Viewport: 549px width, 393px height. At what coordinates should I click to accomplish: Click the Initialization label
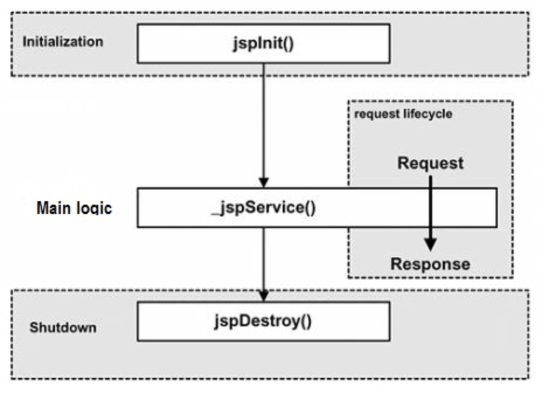click(62, 42)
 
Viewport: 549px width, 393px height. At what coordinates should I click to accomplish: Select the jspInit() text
click(263, 44)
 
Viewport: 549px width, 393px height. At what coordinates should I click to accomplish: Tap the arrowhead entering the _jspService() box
click(263, 182)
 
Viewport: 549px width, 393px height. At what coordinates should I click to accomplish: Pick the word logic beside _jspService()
click(93, 209)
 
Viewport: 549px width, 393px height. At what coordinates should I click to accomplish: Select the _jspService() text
click(263, 208)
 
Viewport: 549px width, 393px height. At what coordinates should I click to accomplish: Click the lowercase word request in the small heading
click(374, 114)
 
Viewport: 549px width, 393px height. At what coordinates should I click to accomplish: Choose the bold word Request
click(430, 163)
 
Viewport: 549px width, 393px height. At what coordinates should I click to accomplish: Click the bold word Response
click(430, 264)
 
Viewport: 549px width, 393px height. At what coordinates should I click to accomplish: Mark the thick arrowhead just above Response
click(430, 244)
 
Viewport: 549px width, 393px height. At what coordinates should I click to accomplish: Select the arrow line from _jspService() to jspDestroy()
click(263, 257)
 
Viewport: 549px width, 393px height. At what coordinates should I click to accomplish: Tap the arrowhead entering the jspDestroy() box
click(263, 296)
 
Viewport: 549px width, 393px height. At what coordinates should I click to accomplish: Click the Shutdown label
click(62, 327)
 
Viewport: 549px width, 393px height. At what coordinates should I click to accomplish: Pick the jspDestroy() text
click(263, 321)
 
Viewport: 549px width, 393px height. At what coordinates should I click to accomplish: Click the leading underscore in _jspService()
click(214, 212)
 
